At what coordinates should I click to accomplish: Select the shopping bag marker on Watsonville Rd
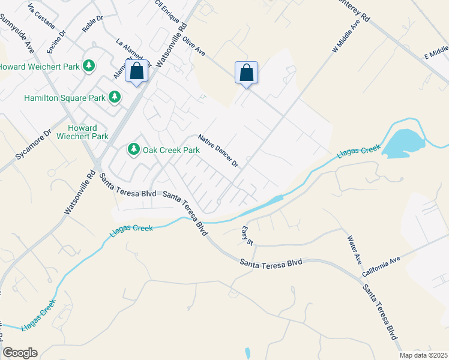click(x=137, y=72)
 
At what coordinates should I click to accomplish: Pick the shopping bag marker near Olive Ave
click(x=246, y=73)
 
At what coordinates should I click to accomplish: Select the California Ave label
click(x=381, y=268)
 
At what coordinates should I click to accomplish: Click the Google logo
click(x=20, y=353)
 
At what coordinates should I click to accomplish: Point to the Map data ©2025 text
click(x=423, y=355)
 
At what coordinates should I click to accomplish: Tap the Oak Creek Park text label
click(x=171, y=149)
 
